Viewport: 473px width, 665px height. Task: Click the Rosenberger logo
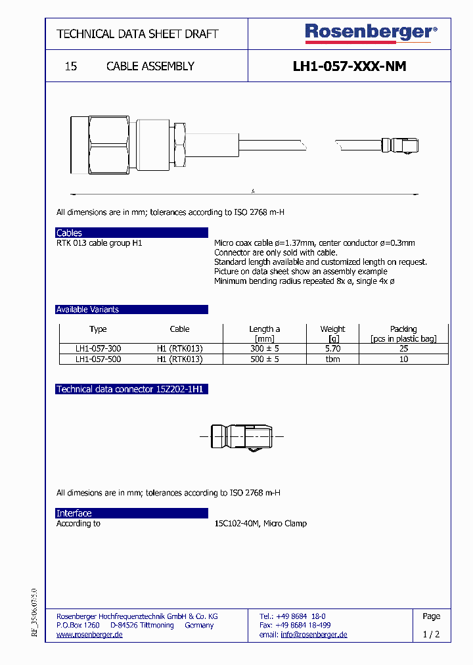pos(371,33)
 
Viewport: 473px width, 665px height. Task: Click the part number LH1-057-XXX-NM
pos(349,66)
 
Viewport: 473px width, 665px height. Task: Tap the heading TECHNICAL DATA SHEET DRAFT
pos(137,34)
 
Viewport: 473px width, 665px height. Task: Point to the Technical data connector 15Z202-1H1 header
pos(131,389)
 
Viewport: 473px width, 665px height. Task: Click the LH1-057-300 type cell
pos(98,349)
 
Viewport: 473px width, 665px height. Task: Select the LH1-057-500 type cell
pos(98,359)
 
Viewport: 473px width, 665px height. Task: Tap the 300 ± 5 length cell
pos(264,349)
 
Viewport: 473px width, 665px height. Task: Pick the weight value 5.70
pos(332,349)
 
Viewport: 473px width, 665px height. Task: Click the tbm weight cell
pos(332,359)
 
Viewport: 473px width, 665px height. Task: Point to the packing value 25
pos(403,349)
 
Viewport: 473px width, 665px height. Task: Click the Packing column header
pos(403,329)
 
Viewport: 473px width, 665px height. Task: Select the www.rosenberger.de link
pos(89,635)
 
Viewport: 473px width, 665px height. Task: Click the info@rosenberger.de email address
pos(314,635)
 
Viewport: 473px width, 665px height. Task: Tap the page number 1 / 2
pos(431,635)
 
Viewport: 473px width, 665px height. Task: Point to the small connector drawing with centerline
pos(242,436)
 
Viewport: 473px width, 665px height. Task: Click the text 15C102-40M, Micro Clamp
pos(260,524)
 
